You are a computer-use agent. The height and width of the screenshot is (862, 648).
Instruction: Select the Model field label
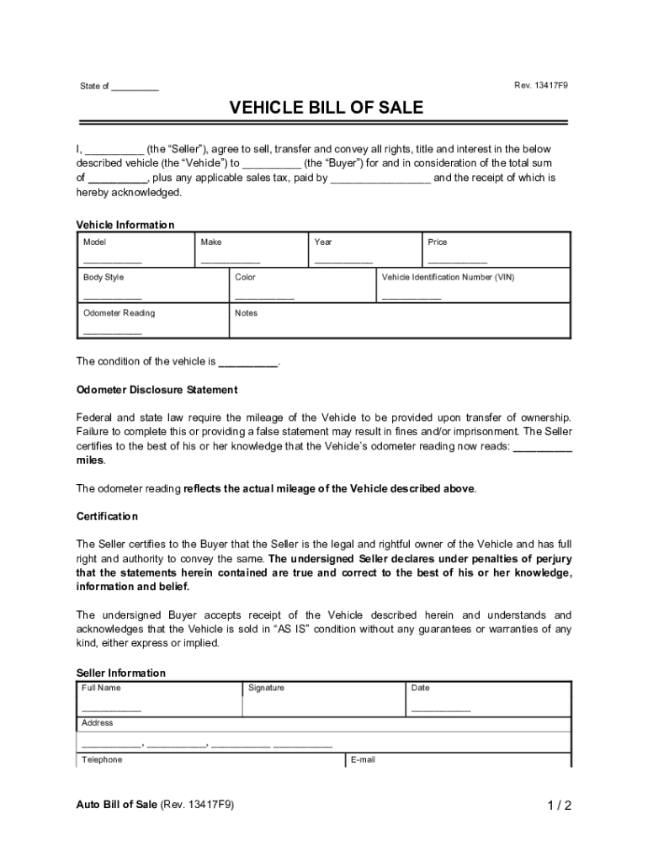(94, 242)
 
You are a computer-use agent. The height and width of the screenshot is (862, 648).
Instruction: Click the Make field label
(211, 242)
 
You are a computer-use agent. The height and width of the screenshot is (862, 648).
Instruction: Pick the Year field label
(323, 242)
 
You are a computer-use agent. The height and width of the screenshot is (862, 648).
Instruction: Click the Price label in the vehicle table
(438, 242)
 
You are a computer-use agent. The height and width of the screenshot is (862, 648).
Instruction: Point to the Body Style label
(104, 278)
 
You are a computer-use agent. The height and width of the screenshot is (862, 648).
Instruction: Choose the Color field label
(246, 278)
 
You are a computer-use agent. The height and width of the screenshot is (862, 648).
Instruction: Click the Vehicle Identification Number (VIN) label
(447, 278)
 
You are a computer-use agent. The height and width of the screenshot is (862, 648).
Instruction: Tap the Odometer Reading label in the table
(119, 313)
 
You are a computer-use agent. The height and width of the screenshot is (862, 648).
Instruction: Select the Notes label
(247, 313)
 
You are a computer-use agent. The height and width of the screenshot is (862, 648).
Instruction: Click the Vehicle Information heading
(125, 225)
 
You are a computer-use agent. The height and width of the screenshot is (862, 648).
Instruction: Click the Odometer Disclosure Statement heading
(157, 390)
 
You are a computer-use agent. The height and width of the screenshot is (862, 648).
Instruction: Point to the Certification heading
(107, 516)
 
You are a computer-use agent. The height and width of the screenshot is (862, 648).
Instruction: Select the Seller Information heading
(121, 673)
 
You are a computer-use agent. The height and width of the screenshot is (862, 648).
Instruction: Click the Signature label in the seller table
(267, 689)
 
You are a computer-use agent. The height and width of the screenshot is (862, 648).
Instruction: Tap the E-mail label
(364, 759)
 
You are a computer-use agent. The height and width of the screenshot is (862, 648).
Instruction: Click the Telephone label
(102, 759)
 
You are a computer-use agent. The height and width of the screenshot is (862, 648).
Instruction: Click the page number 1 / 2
(558, 806)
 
